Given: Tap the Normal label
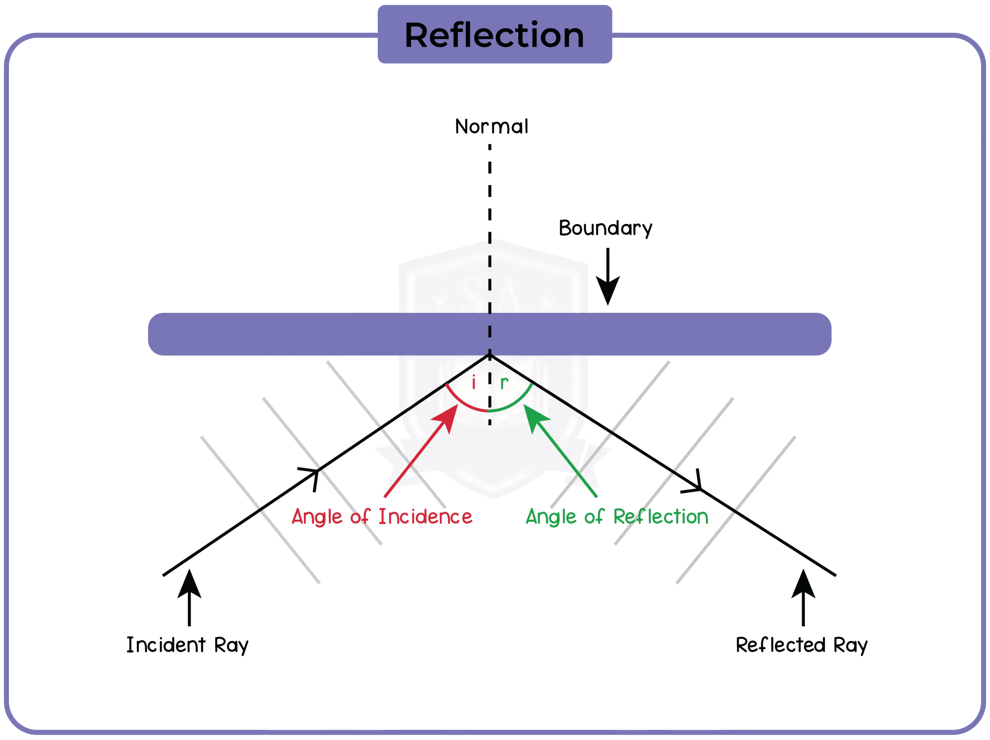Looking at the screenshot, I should coord(492,127).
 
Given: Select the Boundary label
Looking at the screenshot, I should coord(605,228).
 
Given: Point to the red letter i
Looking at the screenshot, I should coord(473,383).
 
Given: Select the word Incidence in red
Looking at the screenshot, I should coord(425,517).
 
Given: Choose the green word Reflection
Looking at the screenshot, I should coord(661,517).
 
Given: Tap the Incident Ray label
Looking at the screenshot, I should coord(187,646).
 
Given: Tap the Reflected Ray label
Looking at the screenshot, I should coord(802,646).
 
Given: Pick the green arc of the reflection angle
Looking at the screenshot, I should coord(515,403).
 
